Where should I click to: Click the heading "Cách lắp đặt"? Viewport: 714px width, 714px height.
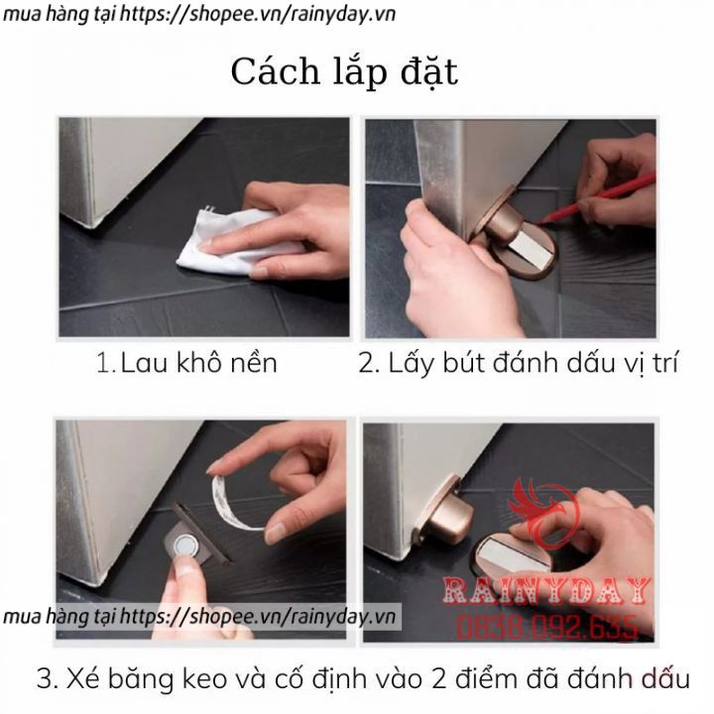(x=344, y=72)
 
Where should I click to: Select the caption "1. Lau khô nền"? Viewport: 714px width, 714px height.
(x=186, y=363)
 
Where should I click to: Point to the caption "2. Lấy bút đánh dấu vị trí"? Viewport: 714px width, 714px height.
(x=519, y=364)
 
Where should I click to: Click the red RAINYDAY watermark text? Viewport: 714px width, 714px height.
(x=546, y=590)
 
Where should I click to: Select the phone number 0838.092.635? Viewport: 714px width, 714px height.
(x=546, y=627)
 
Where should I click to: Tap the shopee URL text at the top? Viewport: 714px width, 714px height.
(x=198, y=15)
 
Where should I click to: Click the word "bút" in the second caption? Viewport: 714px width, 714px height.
(x=462, y=363)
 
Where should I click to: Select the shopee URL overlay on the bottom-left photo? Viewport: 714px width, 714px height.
(x=199, y=617)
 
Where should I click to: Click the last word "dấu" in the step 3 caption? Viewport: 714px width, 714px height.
(x=666, y=678)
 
